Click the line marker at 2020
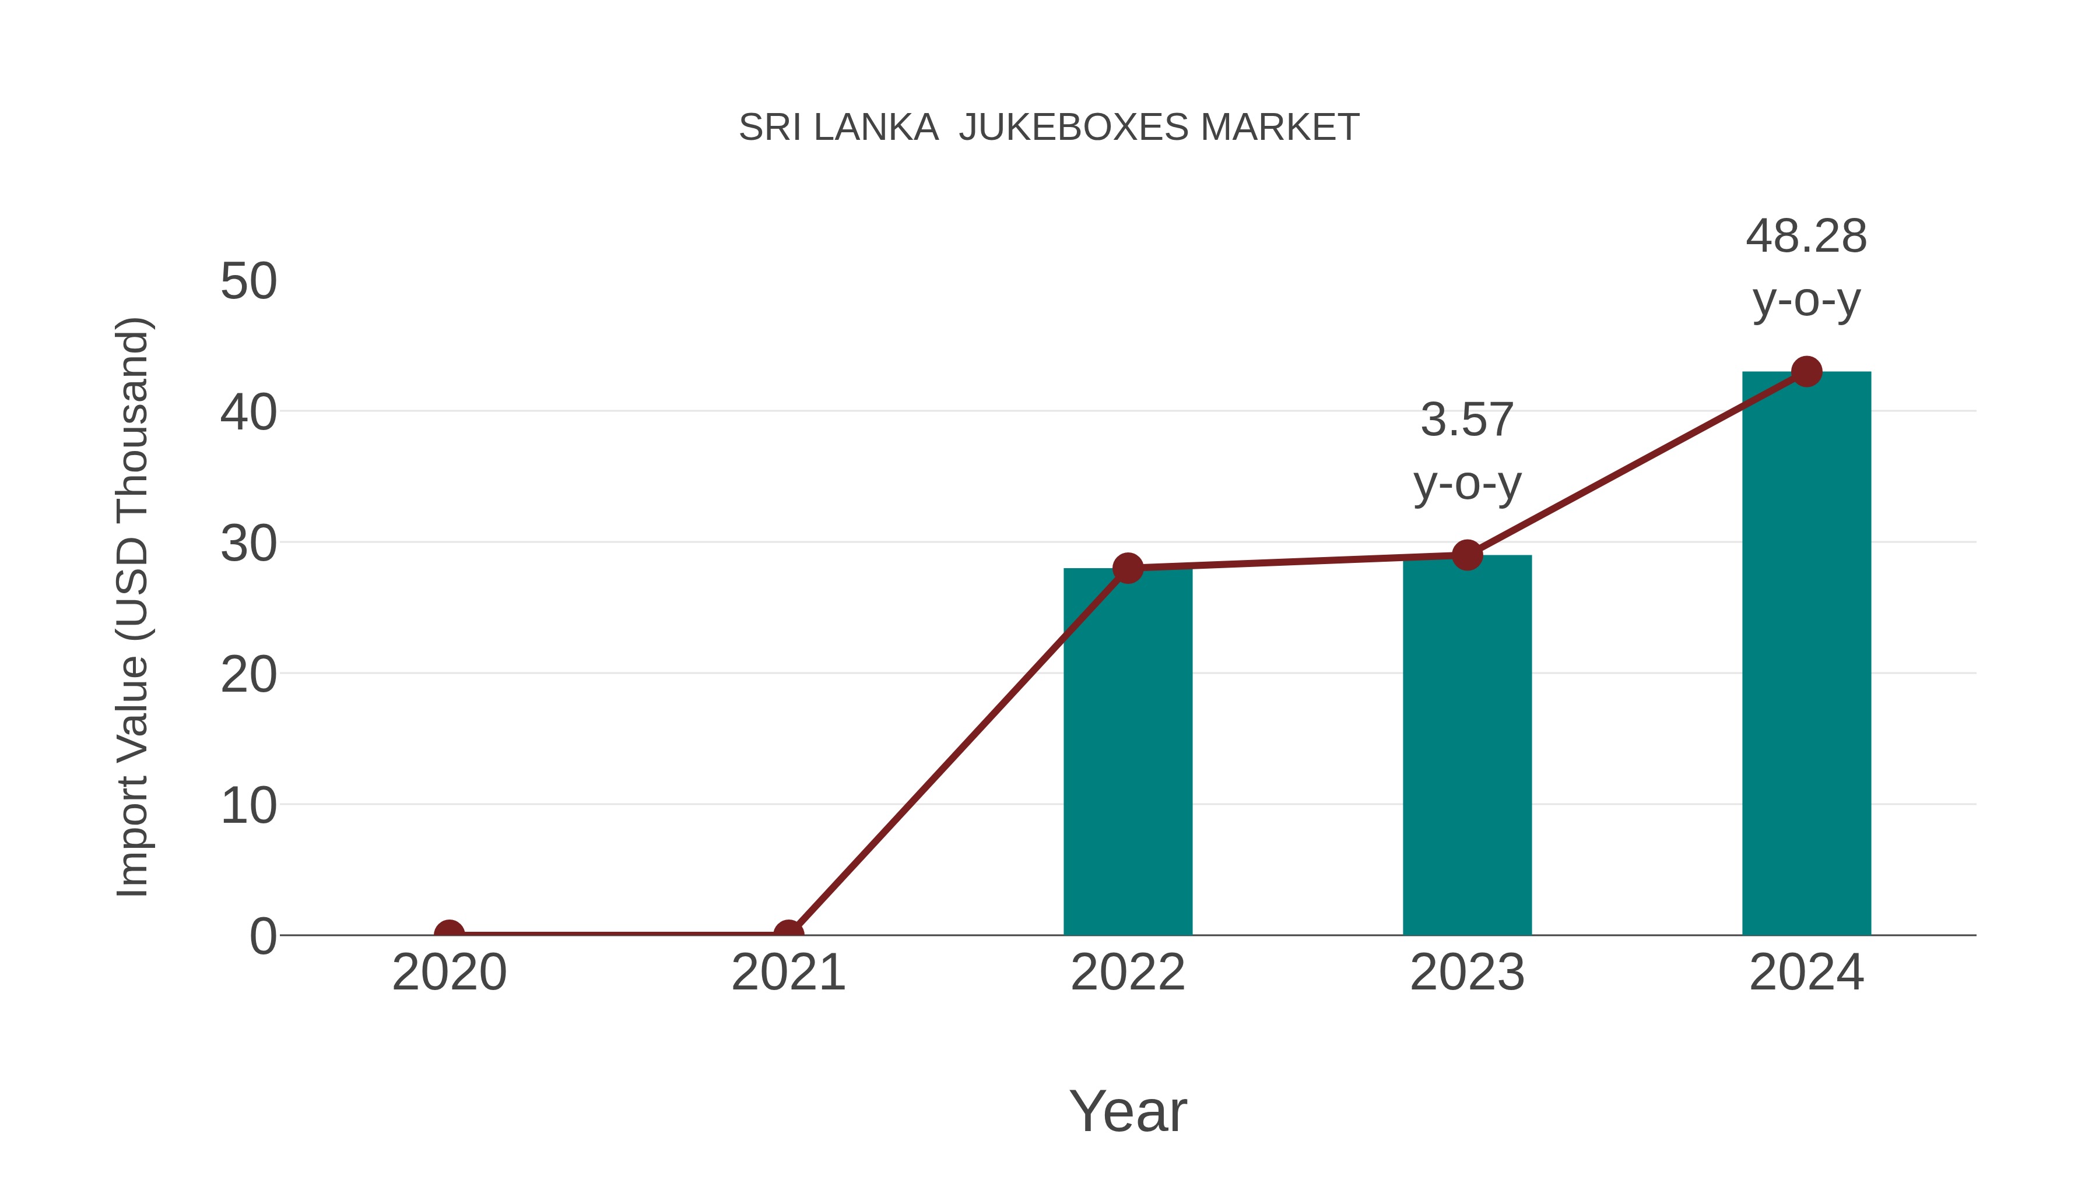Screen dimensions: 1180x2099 point(449,934)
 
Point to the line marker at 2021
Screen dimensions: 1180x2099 point(788,934)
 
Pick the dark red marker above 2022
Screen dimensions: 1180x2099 point(1127,568)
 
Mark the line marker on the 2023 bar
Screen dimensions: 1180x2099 point(1467,555)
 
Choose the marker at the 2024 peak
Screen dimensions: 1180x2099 point(1806,371)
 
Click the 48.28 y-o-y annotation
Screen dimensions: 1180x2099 point(1806,268)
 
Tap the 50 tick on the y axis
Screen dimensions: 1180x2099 point(248,282)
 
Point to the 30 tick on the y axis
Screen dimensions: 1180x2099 point(248,544)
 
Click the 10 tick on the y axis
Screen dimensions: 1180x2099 point(248,806)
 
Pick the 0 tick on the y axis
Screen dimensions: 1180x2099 point(263,936)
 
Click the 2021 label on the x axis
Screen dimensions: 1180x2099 point(788,973)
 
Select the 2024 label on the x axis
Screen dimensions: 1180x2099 point(1806,973)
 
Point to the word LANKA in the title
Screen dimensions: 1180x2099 point(876,128)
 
